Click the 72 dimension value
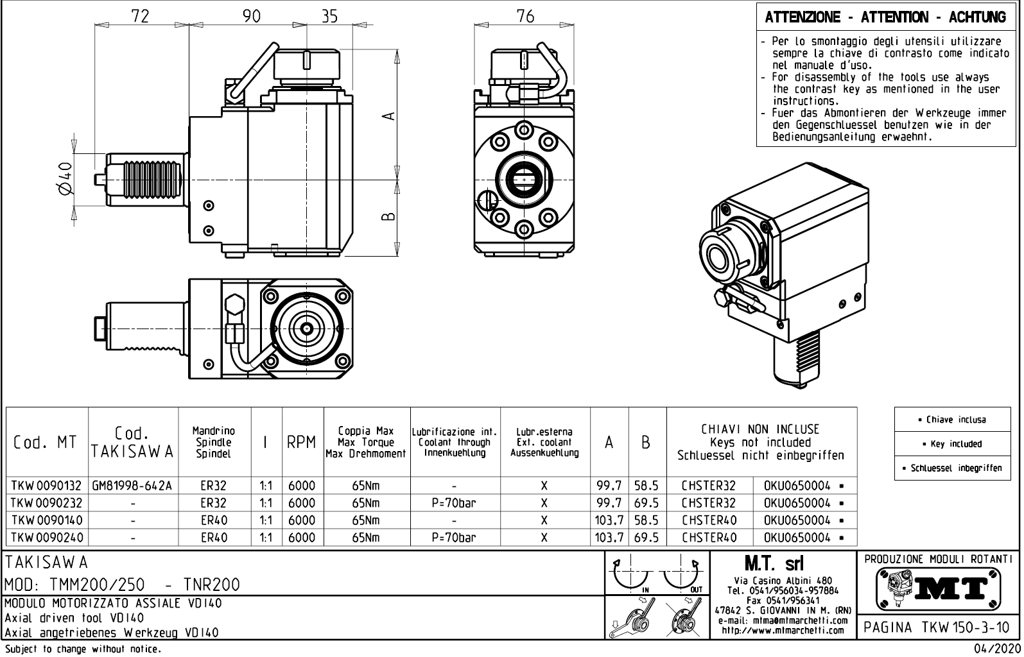(140, 16)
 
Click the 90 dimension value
(252, 16)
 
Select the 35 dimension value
(329, 16)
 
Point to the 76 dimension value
(525, 16)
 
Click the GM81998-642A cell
(133, 486)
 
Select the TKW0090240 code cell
(46, 538)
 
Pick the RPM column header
(301, 443)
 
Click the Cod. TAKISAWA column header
(133, 443)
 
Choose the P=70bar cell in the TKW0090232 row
(455, 503)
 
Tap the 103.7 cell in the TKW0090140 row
(609, 520)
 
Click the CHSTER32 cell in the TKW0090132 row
(709, 486)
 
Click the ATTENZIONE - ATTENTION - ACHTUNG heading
(885, 17)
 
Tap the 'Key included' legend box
(952, 444)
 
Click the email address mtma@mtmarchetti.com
(783, 620)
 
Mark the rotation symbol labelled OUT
(682, 574)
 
